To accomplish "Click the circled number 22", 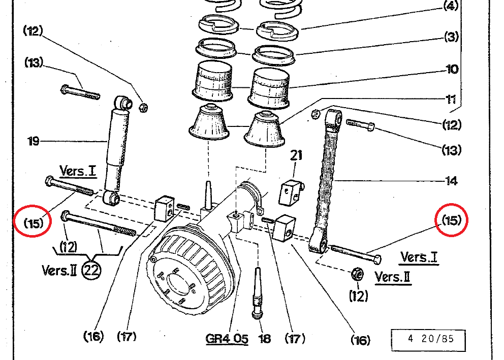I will pyautogui.click(x=92, y=270).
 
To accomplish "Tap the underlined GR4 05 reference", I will pyautogui.click(x=227, y=338).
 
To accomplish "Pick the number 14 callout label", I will pyautogui.click(x=451, y=180).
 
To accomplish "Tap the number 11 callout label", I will pyautogui.click(x=451, y=99).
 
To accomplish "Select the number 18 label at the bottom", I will pyautogui.click(x=265, y=339).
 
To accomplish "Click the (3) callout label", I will pyautogui.click(x=451, y=37).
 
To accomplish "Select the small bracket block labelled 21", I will pyautogui.click(x=291, y=192).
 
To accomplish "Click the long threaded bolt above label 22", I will pyautogui.click(x=99, y=224).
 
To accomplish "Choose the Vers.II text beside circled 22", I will pyautogui.click(x=59, y=269).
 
